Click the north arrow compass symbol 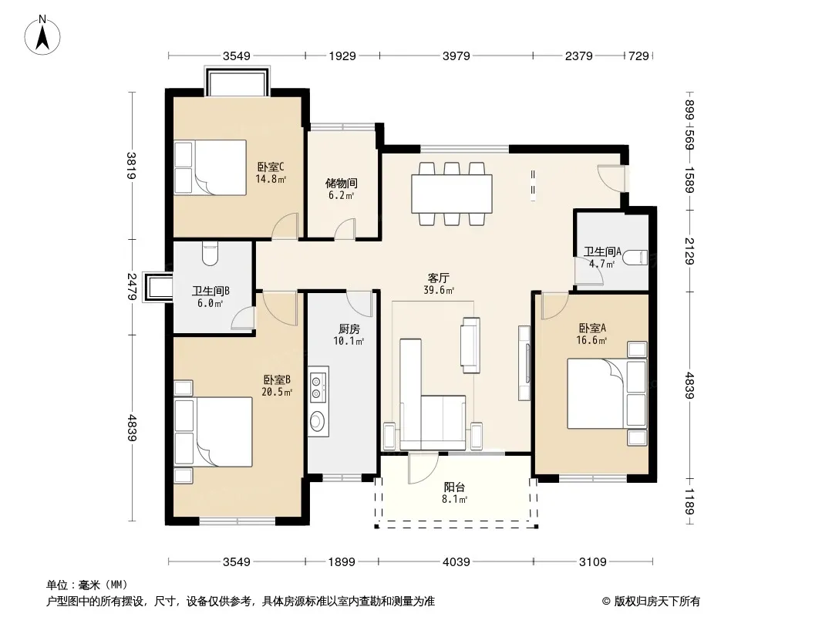coord(42,35)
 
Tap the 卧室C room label coord(271,167)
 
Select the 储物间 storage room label coord(342,184)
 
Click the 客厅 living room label coord(438,278)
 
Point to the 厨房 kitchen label coord(349,329)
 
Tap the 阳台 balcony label coord(454,487)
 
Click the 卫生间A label coord(602,252)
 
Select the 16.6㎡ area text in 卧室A coord(592,341)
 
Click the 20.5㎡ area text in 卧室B coord(277,392)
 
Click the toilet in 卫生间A coord(635,258)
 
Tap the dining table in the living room coord(452,194)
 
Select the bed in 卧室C coord(211,167)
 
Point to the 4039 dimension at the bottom coord(456,562)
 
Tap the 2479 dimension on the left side coord(132,287)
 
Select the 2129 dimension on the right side coord(689,251)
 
